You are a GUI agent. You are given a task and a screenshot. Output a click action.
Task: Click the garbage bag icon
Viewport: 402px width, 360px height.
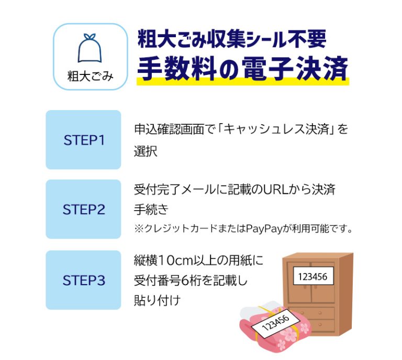[x=90, y=48]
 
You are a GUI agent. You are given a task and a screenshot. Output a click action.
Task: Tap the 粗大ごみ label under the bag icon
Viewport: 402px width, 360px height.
[x=90, y=76]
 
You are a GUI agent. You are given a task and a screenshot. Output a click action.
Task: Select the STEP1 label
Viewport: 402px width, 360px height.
[x=84, y=140]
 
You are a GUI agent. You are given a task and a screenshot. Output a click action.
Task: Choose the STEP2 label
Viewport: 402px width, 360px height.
[x=84, y=210]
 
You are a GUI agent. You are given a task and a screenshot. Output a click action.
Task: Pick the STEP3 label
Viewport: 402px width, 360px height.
[x=84, y=280]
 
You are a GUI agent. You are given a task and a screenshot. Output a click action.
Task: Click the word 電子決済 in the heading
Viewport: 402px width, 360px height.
[x=295, y=68]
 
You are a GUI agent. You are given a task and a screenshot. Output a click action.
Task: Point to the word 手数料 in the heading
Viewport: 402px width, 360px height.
[x=177, y=68]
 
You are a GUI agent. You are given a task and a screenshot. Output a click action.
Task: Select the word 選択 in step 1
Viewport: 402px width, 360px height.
[x=146, y=151]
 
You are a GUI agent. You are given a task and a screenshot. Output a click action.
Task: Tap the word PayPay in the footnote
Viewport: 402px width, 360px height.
[x=264, y=228]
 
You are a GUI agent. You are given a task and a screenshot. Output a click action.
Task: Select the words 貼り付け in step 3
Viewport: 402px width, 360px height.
[x=157, y=300]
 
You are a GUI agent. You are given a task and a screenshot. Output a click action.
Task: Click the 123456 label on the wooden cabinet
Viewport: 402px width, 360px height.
[x=313, y=276]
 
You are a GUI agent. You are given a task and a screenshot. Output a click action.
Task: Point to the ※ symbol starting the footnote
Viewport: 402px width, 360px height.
[x=139, y=228]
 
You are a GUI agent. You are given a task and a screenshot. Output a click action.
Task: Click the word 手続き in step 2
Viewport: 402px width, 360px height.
[x=151, y=210]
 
